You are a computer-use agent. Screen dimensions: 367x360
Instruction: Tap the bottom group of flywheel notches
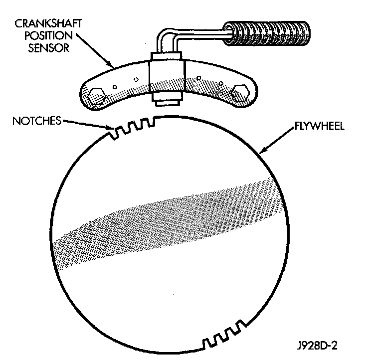[224, 335]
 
